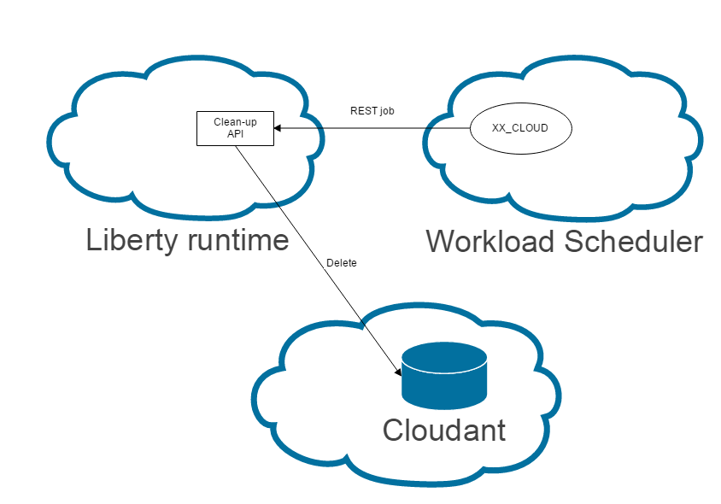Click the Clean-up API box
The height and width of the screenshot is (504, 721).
point(235,128)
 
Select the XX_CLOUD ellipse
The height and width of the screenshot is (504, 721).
point(520,128)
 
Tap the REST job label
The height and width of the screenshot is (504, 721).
point(372,111)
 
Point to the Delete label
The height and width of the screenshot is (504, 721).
point(342,263)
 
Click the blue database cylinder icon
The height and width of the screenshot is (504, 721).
point(444,376)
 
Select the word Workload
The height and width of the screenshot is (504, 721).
point(491,242)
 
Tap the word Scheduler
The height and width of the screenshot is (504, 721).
point(635,242)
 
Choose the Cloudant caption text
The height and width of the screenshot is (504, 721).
point(444,429)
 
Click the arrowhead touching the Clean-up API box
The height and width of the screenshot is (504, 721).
point(278,129)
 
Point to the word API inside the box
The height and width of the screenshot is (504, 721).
point(235,134)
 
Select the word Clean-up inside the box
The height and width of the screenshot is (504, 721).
point(235,122)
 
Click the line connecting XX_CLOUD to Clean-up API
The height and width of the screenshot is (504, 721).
point(376,129)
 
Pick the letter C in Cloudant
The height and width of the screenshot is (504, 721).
point(394,429)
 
